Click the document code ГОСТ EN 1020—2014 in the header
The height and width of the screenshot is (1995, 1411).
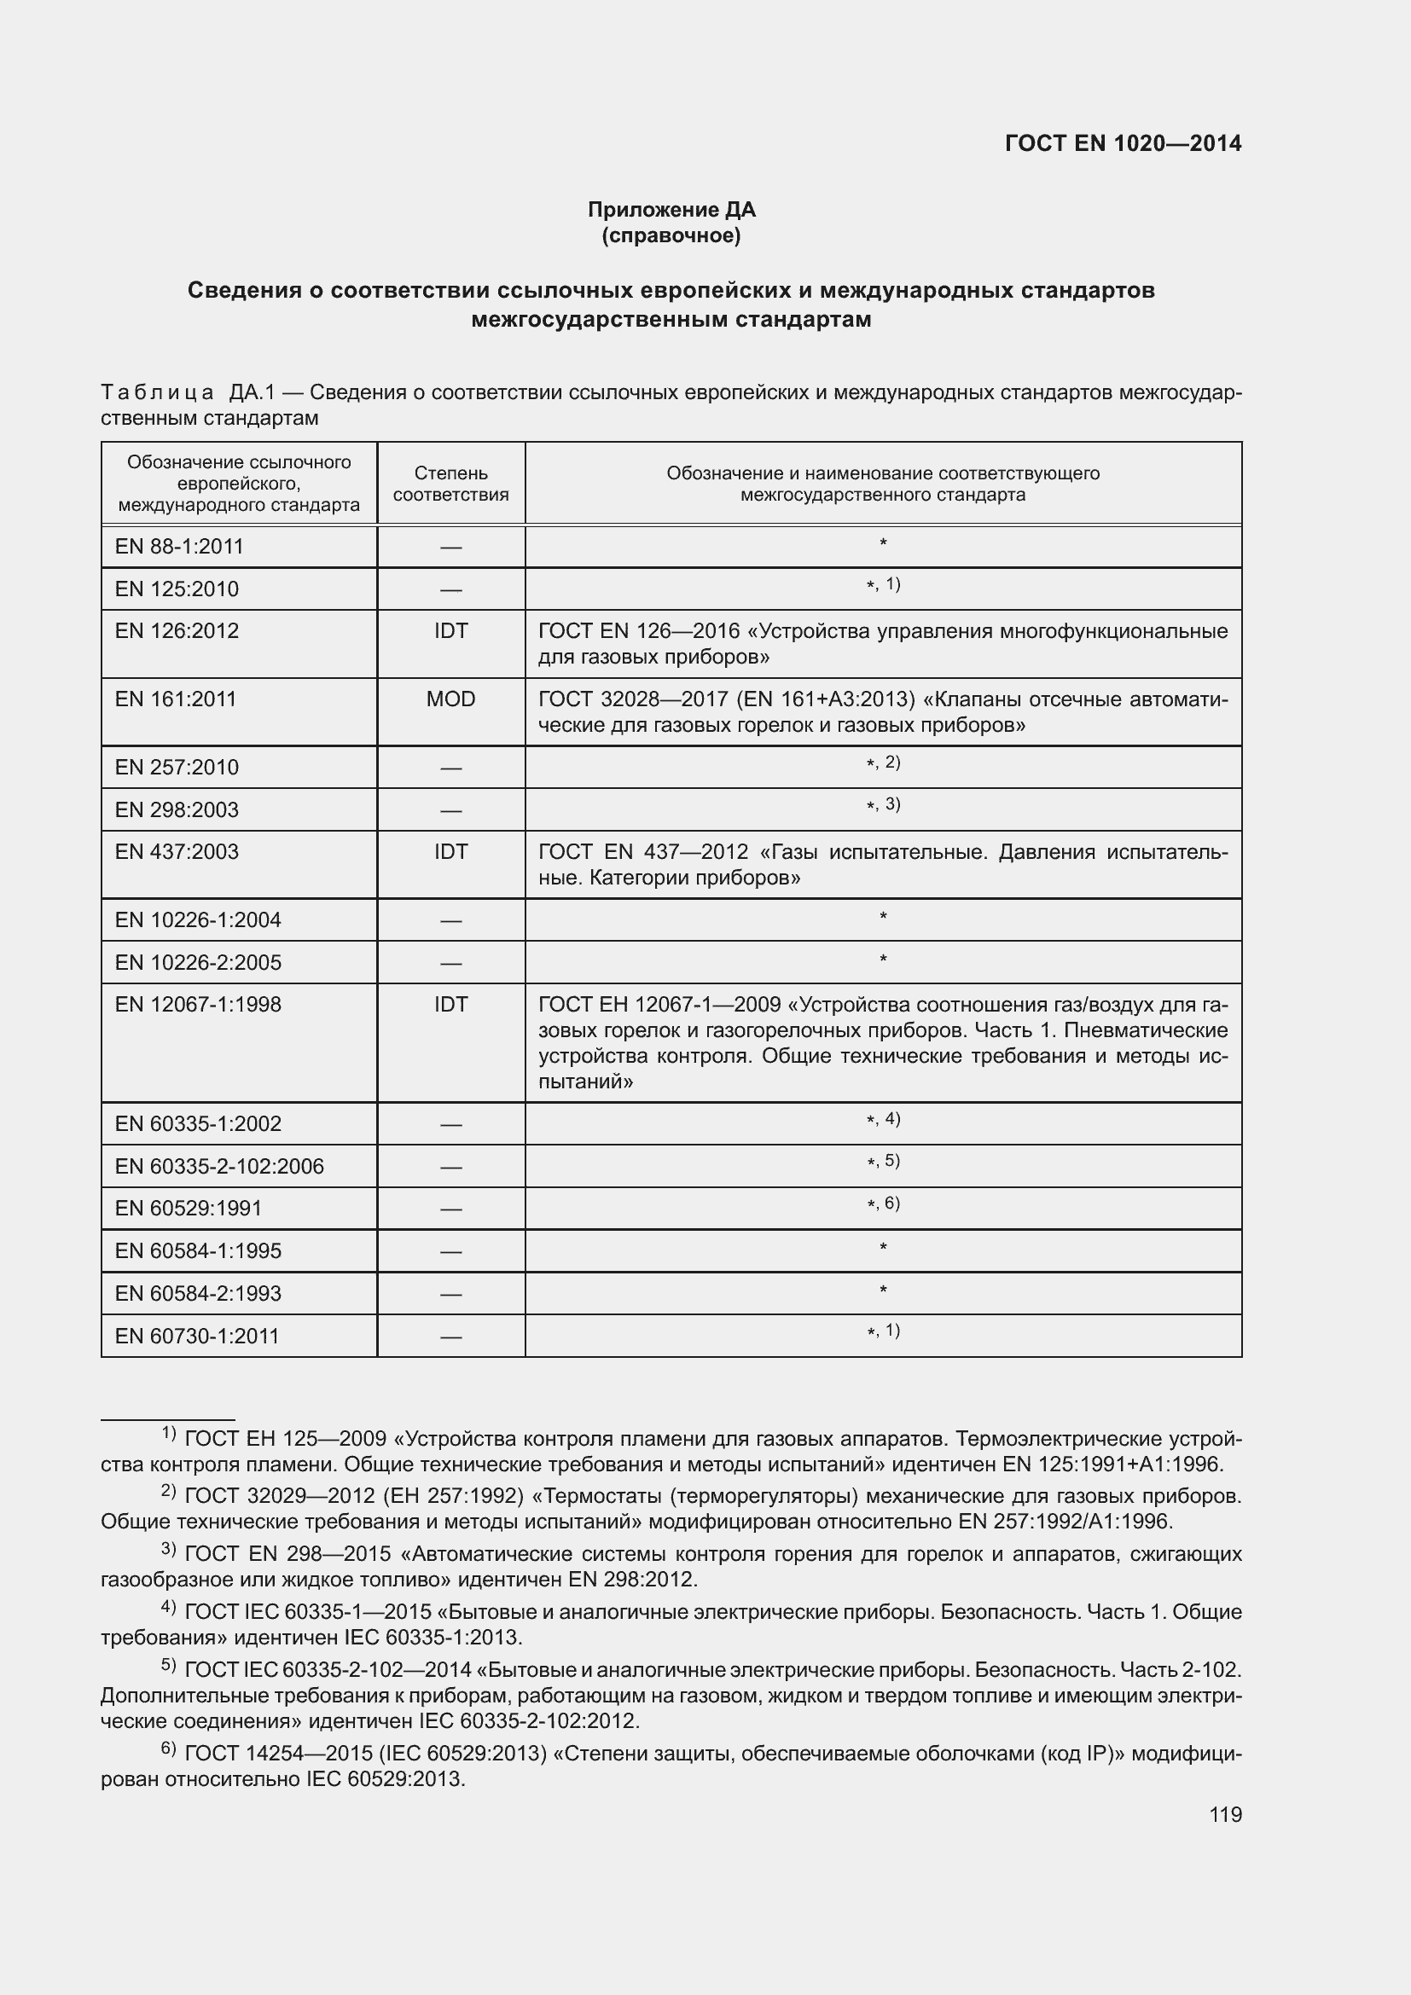(x=1123, y=143)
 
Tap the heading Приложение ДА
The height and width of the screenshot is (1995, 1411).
(x=671, y=210)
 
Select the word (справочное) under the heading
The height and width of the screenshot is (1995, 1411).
(x=671, y=235)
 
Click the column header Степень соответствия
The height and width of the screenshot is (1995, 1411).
(x=451, y=484)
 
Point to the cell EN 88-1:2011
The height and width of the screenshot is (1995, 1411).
(x=179, y=547)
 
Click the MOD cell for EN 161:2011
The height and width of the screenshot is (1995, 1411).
(x=451, y=699)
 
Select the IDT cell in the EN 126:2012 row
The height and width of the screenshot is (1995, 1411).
(x=451, y=631)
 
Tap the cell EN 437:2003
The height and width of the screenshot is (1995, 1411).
(x=177, y=851)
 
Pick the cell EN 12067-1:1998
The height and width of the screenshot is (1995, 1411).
(x=198, y=1005)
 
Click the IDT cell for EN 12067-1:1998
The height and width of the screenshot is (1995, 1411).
(x=451, y=1005)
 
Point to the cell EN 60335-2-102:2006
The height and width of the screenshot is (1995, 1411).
(x=219, y=1166)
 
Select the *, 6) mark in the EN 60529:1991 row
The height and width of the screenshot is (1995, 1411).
(x=883, y=1203)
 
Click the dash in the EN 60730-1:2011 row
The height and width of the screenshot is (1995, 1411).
(x=451, y=1337)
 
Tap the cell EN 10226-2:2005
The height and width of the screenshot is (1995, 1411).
(x=198, y=963)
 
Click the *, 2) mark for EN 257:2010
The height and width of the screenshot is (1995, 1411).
(x=883, y=763)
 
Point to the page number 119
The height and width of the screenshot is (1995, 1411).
(x=1225, y=1815)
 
